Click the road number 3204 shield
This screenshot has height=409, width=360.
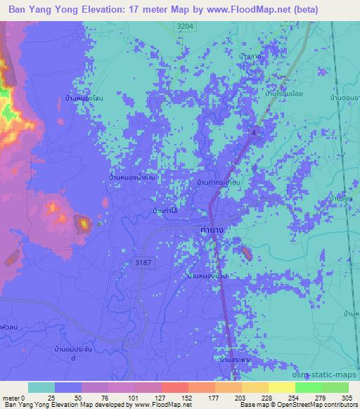184,25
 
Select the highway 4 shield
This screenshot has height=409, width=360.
253,131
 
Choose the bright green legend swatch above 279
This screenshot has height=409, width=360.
310,387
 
